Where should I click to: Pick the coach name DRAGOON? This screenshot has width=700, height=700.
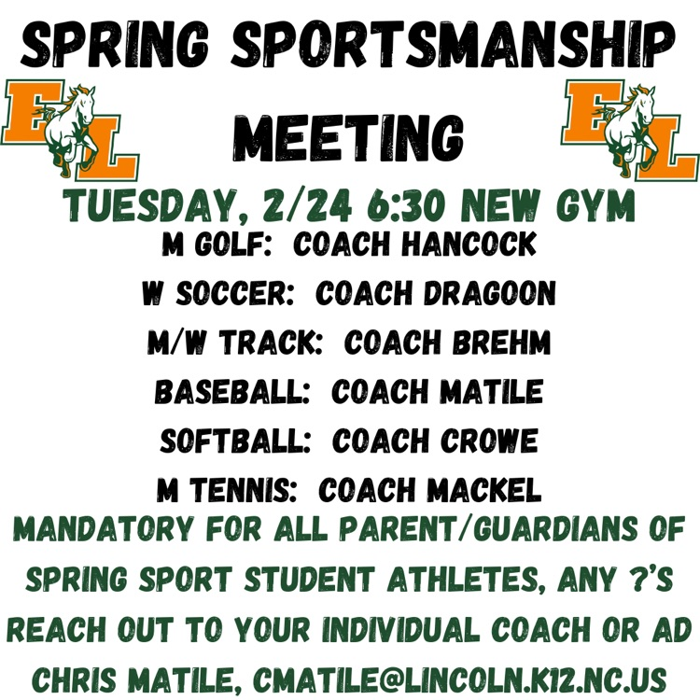pos(489,294)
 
